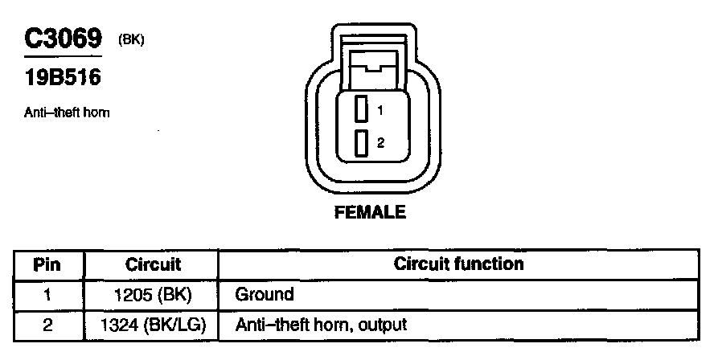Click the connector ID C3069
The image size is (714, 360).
(64, 39)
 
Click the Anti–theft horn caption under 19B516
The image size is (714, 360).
(67, 112)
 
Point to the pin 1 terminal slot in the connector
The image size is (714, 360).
(362, 108)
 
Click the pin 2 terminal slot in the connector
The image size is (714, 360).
(362, 143)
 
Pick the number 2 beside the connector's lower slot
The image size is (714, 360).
(380, 143)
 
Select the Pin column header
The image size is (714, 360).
(47, 264)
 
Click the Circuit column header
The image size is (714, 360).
(153, 264)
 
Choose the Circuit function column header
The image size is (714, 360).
(458, 264)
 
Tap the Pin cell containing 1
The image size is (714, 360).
(47, 294)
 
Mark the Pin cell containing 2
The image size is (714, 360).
(47, 325)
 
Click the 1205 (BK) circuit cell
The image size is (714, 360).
(153, 294)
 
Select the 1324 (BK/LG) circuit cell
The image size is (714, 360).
(153, 325)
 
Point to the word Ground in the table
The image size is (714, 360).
(264, 294)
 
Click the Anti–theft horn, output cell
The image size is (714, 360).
(321, 325)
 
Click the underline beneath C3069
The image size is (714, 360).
(64, 57)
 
